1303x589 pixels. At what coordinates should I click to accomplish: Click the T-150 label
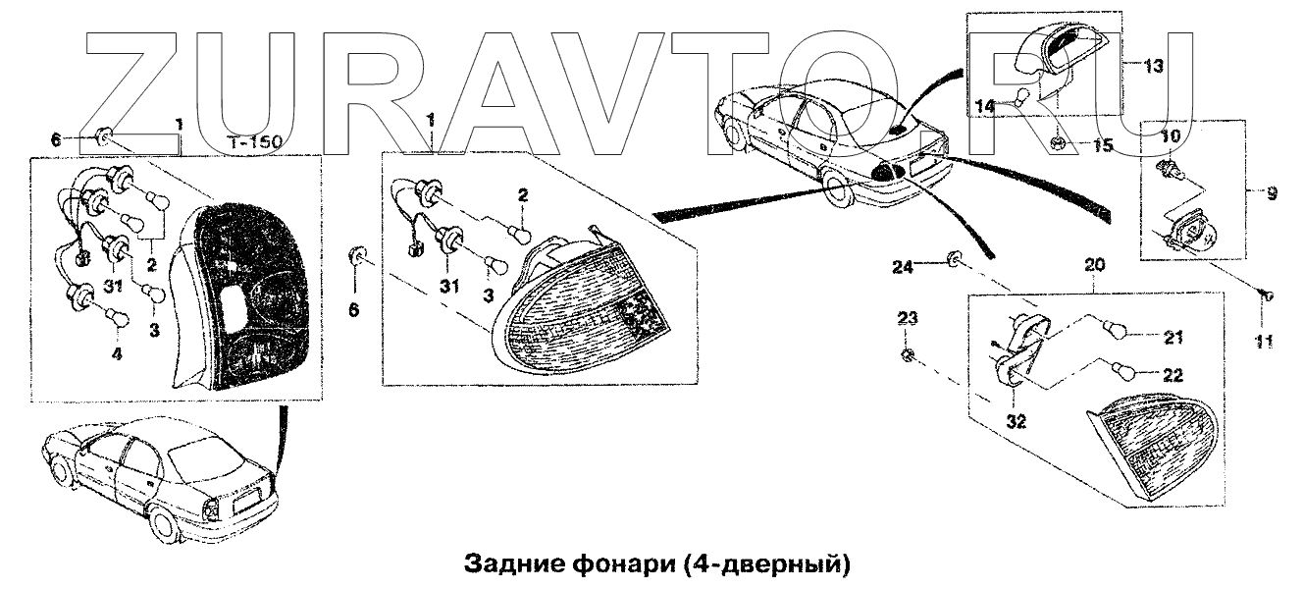pos(254,142)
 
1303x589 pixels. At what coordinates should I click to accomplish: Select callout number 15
pos(1104,146)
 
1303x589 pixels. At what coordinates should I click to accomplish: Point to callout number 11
pos(1264,342)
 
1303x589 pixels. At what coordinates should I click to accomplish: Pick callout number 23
pos(908,317)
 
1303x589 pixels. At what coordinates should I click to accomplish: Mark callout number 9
pos(1272,194)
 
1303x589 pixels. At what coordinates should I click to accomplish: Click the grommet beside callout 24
pos(952,259)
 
